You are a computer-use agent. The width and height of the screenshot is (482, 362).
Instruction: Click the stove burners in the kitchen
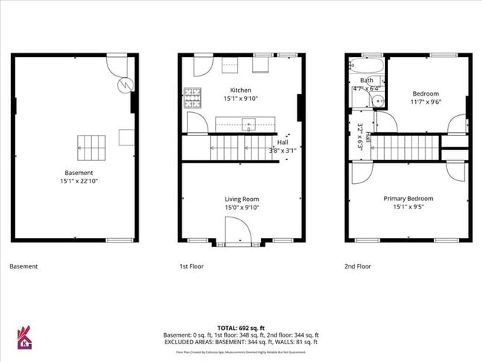tap(192, 96)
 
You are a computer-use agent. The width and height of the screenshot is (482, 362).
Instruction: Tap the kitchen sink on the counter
tap(247, 123)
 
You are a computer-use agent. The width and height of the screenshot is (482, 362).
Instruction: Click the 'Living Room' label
tap(242, 199)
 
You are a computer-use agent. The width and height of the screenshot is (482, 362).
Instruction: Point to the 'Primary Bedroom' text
tap(408, 199)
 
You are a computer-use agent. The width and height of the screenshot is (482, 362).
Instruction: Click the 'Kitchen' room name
tap(241, 90)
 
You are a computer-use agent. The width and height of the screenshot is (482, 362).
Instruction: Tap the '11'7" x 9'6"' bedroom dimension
tap(426, 103)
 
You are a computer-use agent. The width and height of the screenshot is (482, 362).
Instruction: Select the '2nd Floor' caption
tap(358, 266)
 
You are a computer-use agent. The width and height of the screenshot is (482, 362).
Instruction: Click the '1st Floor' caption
tap(191, 266)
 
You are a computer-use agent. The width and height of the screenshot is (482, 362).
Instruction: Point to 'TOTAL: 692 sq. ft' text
tap(240, 327)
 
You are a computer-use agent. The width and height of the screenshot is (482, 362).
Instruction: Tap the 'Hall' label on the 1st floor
tap(283, 142)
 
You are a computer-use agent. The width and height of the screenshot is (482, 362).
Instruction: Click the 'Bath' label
tap(366, 80)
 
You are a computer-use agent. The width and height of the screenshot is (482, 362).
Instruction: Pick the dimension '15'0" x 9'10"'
tap(242, 208)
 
